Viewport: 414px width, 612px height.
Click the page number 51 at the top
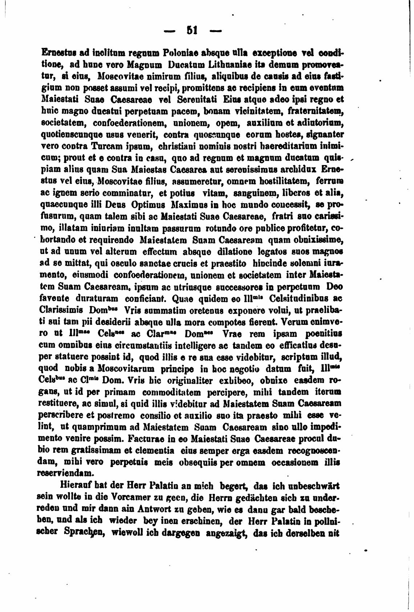click(x=192, y=30)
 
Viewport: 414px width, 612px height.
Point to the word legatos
click(x=272, y=253)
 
